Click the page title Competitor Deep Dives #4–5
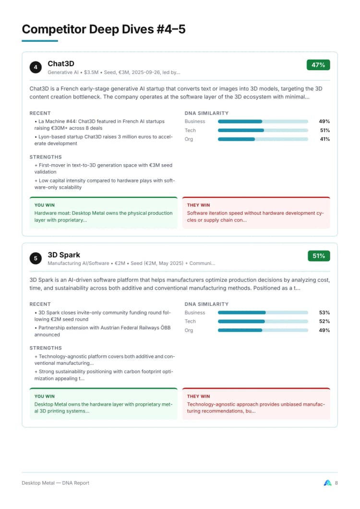104,29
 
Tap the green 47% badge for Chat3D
318,65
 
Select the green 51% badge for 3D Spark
319,256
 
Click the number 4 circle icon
36,67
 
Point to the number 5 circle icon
36,258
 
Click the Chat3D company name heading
61,64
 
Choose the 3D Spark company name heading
64,255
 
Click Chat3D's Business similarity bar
263,121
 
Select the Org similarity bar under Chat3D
263,139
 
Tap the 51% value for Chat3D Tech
324,131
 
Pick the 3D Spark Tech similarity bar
263,321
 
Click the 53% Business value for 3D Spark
324,313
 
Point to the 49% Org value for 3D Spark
324,330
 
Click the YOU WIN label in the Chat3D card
45,205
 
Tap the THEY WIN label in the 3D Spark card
198,396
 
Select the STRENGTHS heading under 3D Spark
46,348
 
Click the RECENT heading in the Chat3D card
40,113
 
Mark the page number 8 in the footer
336,483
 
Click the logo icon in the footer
328,483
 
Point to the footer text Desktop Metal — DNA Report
55,483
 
